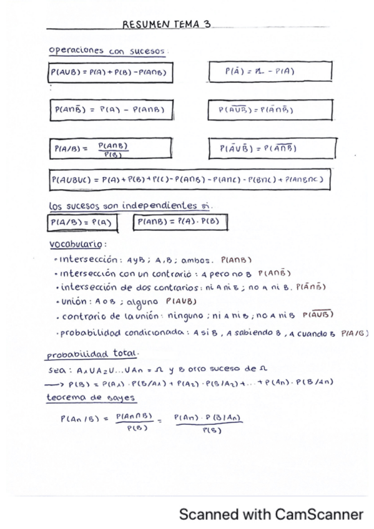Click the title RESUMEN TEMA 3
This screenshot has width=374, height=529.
[166, 24]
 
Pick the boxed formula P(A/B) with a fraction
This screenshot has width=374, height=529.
[110, 150]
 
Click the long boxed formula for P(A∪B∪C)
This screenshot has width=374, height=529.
[189, 180]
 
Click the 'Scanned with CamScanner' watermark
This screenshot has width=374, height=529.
[270, 515]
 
